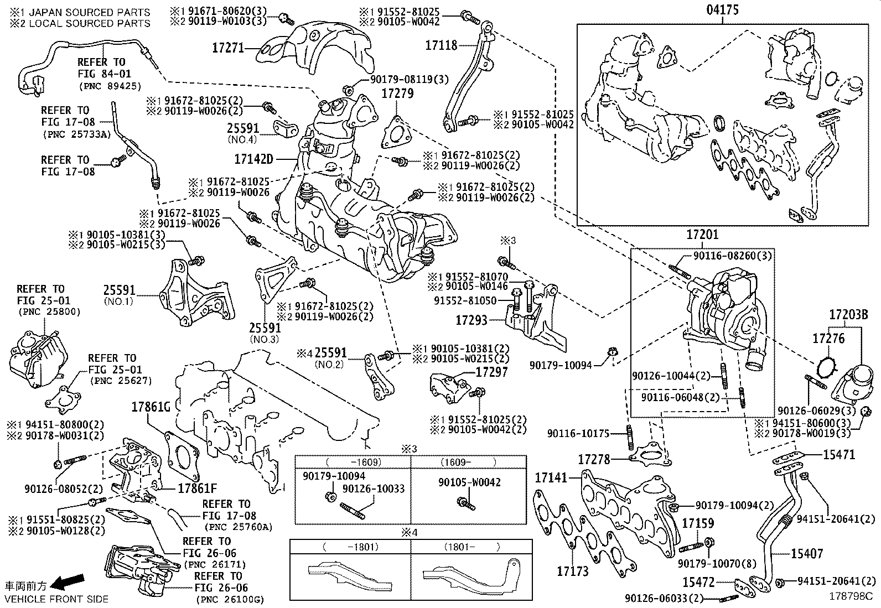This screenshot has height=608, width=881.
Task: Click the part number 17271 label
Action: tap(228, 48)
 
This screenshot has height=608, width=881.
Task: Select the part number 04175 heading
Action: tap(723, 9)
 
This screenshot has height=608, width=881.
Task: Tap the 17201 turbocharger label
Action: tap(702, 235)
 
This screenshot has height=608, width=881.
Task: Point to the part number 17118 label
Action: tap(441, 45)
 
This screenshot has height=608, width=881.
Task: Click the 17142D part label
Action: tap(253, 159)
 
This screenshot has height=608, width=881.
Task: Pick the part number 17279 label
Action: tap(397, 93)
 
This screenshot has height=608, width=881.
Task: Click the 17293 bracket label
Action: tap(471, 320)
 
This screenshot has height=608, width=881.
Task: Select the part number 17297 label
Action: tap(492, 372)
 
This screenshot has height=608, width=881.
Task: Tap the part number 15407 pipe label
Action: tap(807, 553)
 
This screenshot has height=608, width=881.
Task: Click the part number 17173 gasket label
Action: tap(573, 571)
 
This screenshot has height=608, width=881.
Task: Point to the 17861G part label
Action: tap(151, 407)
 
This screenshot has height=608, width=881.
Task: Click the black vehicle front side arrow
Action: tap(68, 581)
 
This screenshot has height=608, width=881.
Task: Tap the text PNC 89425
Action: tap(110, 86)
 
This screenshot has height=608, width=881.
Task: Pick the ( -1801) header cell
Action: tap(351, 547)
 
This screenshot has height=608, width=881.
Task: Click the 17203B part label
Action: tap(848, 315)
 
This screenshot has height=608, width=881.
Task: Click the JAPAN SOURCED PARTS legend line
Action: tap(80, 12)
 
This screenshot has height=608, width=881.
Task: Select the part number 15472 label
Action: tap(698, 582)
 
